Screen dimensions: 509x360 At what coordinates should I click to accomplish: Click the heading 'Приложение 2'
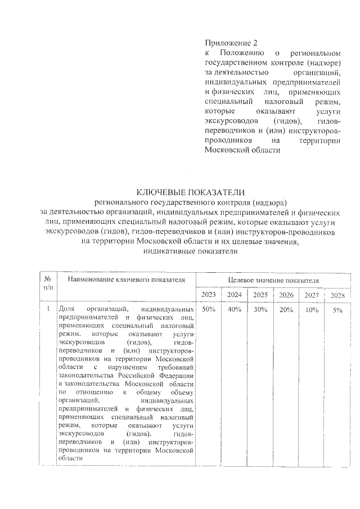tap(231, 43)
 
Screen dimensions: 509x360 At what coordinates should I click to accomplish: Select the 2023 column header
tap(208, 295)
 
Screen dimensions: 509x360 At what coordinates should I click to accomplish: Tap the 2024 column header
tap(234, 295)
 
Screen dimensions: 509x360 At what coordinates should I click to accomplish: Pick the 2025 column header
tap(260, 295)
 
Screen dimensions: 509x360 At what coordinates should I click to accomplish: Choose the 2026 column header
tap(286, 295)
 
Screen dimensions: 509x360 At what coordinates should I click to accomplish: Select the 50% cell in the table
tap(208, 309)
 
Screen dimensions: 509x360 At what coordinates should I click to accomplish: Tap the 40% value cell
tap(234, 309)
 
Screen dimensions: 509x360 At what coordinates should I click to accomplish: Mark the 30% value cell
tap(260, 309)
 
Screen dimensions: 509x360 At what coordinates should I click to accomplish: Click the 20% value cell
tap(286, 309)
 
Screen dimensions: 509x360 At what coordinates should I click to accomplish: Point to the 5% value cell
tap(337, 310)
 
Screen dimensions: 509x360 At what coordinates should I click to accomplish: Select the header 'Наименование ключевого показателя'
tap(126, 280)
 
